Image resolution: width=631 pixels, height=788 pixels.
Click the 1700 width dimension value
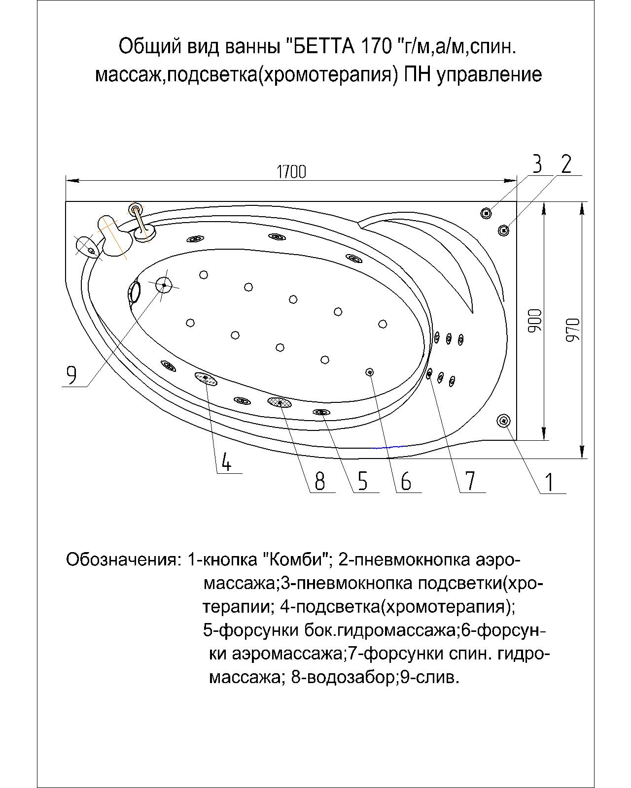pyautogui.click(x=291, y=171)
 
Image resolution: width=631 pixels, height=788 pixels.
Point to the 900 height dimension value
pyautogui.click(x=536, y=320)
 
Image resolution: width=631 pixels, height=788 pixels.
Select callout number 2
pyautogui.click(x=566, y=164)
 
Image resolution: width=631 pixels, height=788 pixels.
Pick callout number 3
pyautogui.click(x=537, y=164)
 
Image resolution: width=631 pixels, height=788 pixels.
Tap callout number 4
pyautogui.click(x=226, y=462)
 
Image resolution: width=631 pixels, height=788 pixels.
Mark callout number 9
pyautogui.click(x=71, y=376)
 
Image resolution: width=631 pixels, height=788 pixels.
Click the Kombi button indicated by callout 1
pyautogui.click(x=504, y=420)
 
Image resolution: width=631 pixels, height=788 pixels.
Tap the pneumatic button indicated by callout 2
pyautogui.click(x=503, y=230)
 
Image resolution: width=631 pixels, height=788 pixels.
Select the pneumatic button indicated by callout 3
pyautogui.click(x=487, y=213)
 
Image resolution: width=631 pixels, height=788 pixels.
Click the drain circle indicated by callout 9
pyautogui.click(x=163, y=285)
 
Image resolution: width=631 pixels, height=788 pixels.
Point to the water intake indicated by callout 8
pyautogui.click(x=280, y=402)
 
